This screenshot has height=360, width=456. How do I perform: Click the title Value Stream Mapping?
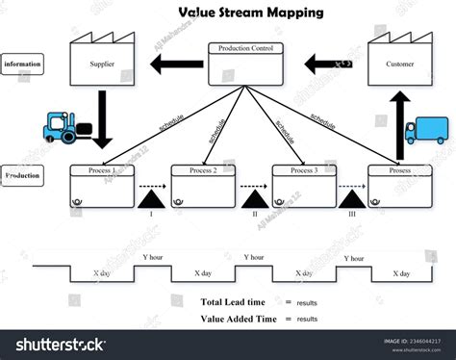250,13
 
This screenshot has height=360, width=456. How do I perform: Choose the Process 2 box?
203,185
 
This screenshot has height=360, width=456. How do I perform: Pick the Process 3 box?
304,185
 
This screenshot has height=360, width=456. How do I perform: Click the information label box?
22,64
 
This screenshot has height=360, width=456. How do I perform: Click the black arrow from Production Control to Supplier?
175,65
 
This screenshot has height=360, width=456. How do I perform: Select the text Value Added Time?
238,318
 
